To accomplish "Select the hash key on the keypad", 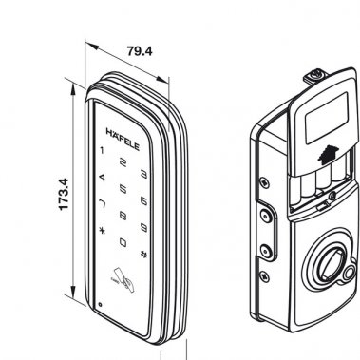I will tap(142, 253).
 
